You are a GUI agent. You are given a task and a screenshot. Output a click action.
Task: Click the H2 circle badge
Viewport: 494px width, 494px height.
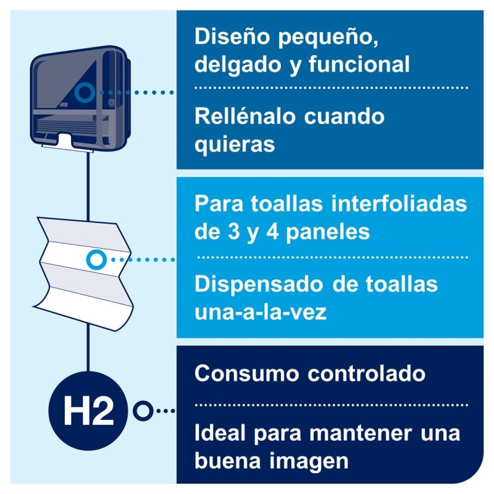(88, 411)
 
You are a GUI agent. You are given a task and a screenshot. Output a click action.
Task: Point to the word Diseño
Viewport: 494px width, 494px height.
(233, 36)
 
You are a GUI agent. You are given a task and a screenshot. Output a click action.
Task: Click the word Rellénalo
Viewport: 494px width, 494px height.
(245, 116)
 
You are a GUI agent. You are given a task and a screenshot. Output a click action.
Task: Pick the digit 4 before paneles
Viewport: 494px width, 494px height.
(272, 232)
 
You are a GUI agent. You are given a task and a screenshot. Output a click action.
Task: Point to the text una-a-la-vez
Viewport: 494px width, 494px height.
(260, 312)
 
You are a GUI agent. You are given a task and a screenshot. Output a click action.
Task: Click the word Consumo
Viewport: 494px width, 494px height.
(246, 374)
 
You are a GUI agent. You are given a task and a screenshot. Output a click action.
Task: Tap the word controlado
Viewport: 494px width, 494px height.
(366, 374)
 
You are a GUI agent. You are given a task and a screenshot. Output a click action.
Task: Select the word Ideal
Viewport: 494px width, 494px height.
(220, 433)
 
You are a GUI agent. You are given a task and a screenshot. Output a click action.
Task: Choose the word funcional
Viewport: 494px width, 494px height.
(359, 64)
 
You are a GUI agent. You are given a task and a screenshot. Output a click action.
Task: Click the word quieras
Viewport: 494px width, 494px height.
(235, 145)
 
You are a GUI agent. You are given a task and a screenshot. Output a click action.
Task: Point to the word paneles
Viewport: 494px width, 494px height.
(328, 233)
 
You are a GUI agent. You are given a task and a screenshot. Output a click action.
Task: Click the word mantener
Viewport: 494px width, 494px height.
(361, 433)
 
